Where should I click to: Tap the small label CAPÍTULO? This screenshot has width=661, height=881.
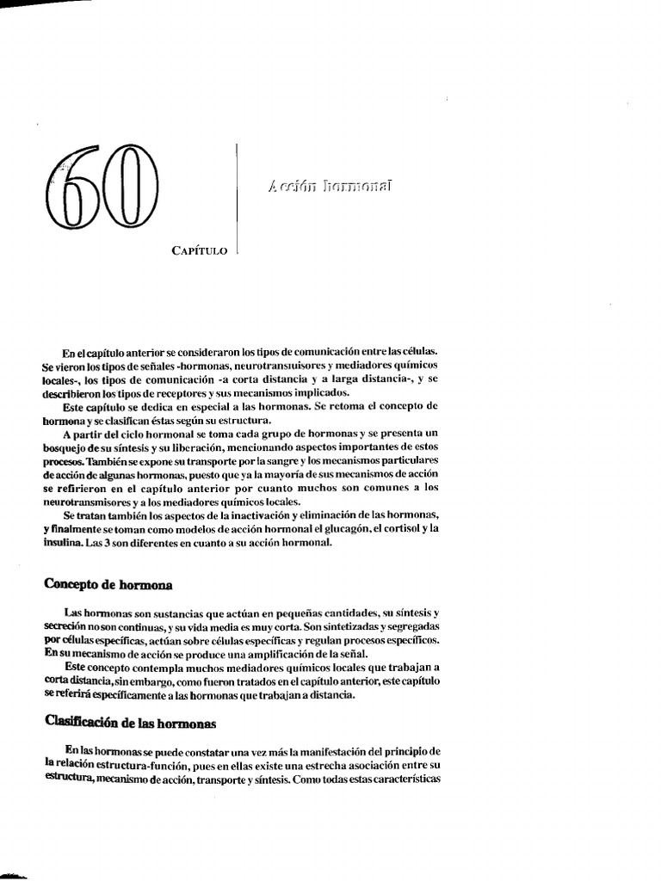pyautogui.click(x=200, y=251)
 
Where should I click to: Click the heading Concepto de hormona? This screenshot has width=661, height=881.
pyautogui.click(x=108, y=585)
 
